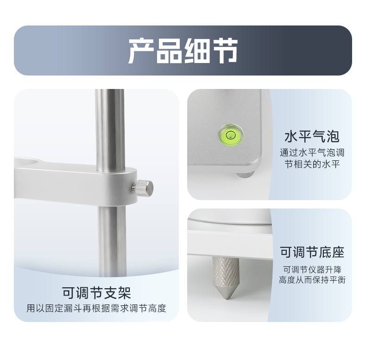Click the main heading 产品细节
point(183,51)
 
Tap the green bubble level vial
point(231,135)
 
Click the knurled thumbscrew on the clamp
point(143,188)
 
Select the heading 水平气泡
point(312,136)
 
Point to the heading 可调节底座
point(312,252)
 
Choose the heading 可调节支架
point(96,293)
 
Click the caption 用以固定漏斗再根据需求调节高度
point(96,309)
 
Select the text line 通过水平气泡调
point(312,153)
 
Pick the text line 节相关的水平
point(312,164)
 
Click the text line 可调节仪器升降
point(312,270)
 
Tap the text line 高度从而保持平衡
point(312,280)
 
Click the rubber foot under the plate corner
point(245,174)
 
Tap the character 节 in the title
point(225,51)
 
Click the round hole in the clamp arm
point(29,162)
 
